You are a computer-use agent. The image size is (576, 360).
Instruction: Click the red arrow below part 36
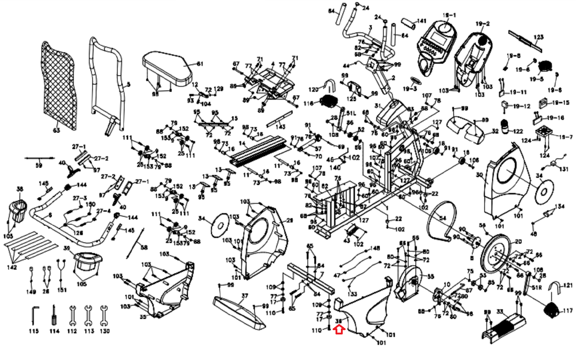click(339, 329)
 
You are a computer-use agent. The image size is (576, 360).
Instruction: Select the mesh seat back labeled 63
click(59, 86)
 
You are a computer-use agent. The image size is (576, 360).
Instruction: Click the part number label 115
click(33, 331)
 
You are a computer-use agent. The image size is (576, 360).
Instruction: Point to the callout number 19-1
click(449, 15)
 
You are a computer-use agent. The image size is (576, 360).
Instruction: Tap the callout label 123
click(539, 37)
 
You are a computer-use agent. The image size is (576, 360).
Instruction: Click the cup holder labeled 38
click(18, 211)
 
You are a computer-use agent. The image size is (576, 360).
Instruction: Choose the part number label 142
click(12, 267)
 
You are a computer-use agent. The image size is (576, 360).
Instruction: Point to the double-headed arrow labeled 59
click(40, 158)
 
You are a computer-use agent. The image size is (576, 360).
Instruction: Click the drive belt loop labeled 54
click(441, 220)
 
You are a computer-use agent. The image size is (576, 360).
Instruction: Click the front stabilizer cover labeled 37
click(239, 311)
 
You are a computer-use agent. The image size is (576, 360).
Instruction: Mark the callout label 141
click(421, 21)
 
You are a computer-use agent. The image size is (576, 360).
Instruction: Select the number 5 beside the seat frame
click(129, 85)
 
